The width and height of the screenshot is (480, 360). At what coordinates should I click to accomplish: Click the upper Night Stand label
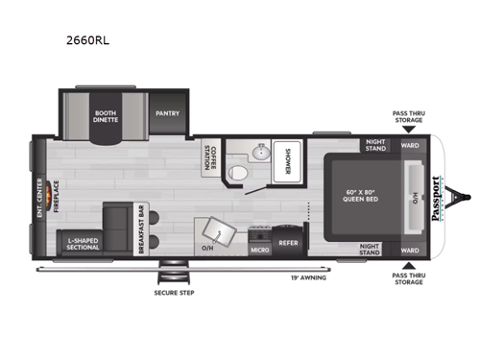(375, 147)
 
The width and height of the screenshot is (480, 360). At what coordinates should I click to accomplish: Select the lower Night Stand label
(375, 248)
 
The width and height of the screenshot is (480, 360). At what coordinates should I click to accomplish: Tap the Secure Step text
(174, 291)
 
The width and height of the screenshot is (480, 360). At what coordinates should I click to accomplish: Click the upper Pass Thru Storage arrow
(410, 132)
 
